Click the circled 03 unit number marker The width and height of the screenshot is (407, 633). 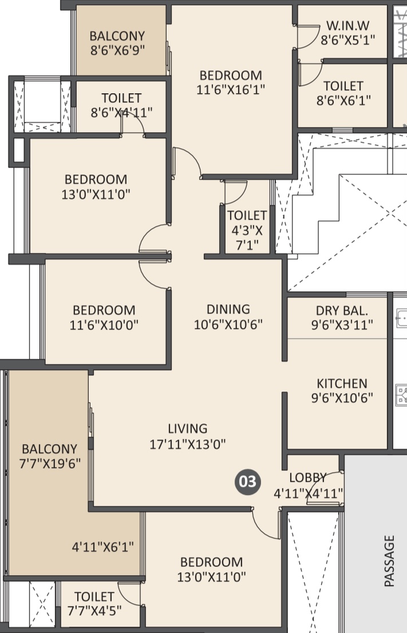[x=248, y=481]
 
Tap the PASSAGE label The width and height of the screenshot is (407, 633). [x=389, y=561]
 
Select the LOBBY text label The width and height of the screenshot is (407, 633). [x=307, y=477]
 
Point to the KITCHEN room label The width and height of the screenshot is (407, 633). [x=342, y=383]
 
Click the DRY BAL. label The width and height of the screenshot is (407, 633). [x=342, y=310]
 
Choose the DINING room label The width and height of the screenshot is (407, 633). [x=228, y=309]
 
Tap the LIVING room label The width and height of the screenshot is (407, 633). [x=188, y=428]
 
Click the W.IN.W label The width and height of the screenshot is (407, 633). [x=347, y=25]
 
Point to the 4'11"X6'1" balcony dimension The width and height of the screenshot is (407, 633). [x=102, y=547]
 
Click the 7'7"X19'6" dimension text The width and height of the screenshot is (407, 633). [x=50, y=463]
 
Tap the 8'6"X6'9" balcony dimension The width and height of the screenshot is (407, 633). [x=117, y=50]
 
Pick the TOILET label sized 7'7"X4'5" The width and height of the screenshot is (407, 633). [x=94, y=596]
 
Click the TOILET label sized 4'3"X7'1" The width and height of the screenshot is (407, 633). [x=247, y=215]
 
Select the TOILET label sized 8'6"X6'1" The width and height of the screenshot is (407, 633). [x=343, y=86]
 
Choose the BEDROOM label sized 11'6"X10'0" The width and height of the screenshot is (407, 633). [x=104, y=310]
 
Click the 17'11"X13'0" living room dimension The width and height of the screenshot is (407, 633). [x=188, y=444]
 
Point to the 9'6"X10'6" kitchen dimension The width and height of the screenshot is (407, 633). [x=342, y=398]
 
